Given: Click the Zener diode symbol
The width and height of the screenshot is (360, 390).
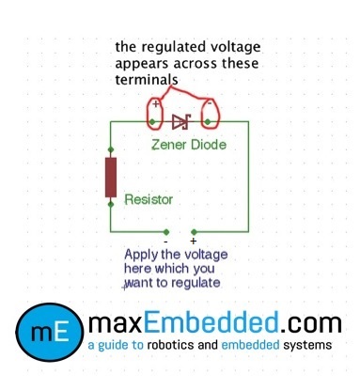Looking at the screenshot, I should [x=181, y=121].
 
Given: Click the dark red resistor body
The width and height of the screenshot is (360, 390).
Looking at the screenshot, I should [x=111, y=177].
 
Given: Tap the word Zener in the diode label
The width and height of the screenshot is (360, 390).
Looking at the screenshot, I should [x=171, y=146].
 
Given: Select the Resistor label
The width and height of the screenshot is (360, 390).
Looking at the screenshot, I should [x=149, y=200].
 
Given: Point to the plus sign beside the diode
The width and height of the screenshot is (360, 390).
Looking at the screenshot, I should [x=156, y=104].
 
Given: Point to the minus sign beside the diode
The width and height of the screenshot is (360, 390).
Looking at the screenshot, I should [x=208, y=105].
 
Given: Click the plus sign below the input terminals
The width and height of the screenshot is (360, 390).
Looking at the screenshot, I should [x=194, y=242].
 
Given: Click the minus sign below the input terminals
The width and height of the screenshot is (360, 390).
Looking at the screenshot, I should [x=165, y=242].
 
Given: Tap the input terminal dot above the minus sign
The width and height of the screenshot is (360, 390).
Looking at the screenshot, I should [x=167, y=230].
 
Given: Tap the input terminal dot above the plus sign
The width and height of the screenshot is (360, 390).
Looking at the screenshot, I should [x=194, y=230].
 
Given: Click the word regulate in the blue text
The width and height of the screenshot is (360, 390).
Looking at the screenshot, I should [x=194, y=282].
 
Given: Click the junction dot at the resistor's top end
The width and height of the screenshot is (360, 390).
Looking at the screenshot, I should [x=111, y=149].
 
